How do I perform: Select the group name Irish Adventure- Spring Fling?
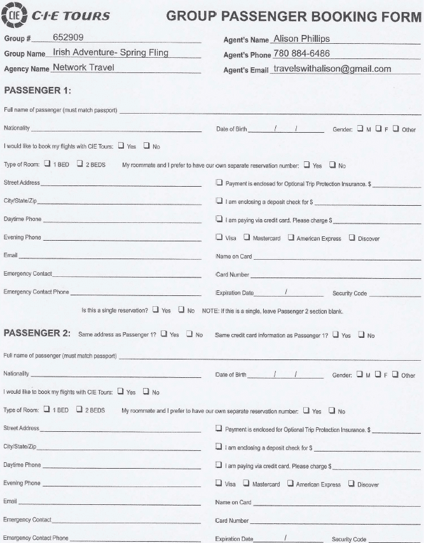tap(111, 53)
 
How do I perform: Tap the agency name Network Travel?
tap(84, 67)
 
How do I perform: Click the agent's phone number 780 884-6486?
tap(310, 53)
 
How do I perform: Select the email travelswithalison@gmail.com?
tap(331, 69)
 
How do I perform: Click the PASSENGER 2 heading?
tap(36, 333)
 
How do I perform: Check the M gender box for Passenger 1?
tap(360, 129)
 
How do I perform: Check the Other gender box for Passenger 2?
tap(395, 375)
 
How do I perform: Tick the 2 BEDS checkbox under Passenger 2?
tap(79, 410)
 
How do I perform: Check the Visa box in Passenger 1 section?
tap(219, 238)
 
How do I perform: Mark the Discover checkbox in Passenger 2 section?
tap(352, 484)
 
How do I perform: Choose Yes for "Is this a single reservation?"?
tap(156, 311)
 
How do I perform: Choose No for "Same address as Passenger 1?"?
tap(189, 334)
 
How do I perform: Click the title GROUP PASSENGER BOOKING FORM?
tap(294, 16)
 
